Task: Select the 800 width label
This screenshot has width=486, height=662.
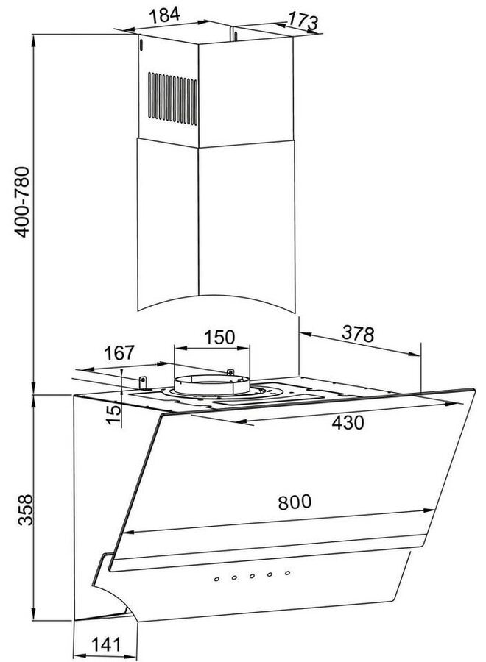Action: pyautogui.click(x=295, y=503)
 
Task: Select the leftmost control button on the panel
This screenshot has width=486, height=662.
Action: pyautogui.click(x=216, y=581)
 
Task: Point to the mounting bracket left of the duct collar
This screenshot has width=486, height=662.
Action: pyautogui.click(x=143, y=381)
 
